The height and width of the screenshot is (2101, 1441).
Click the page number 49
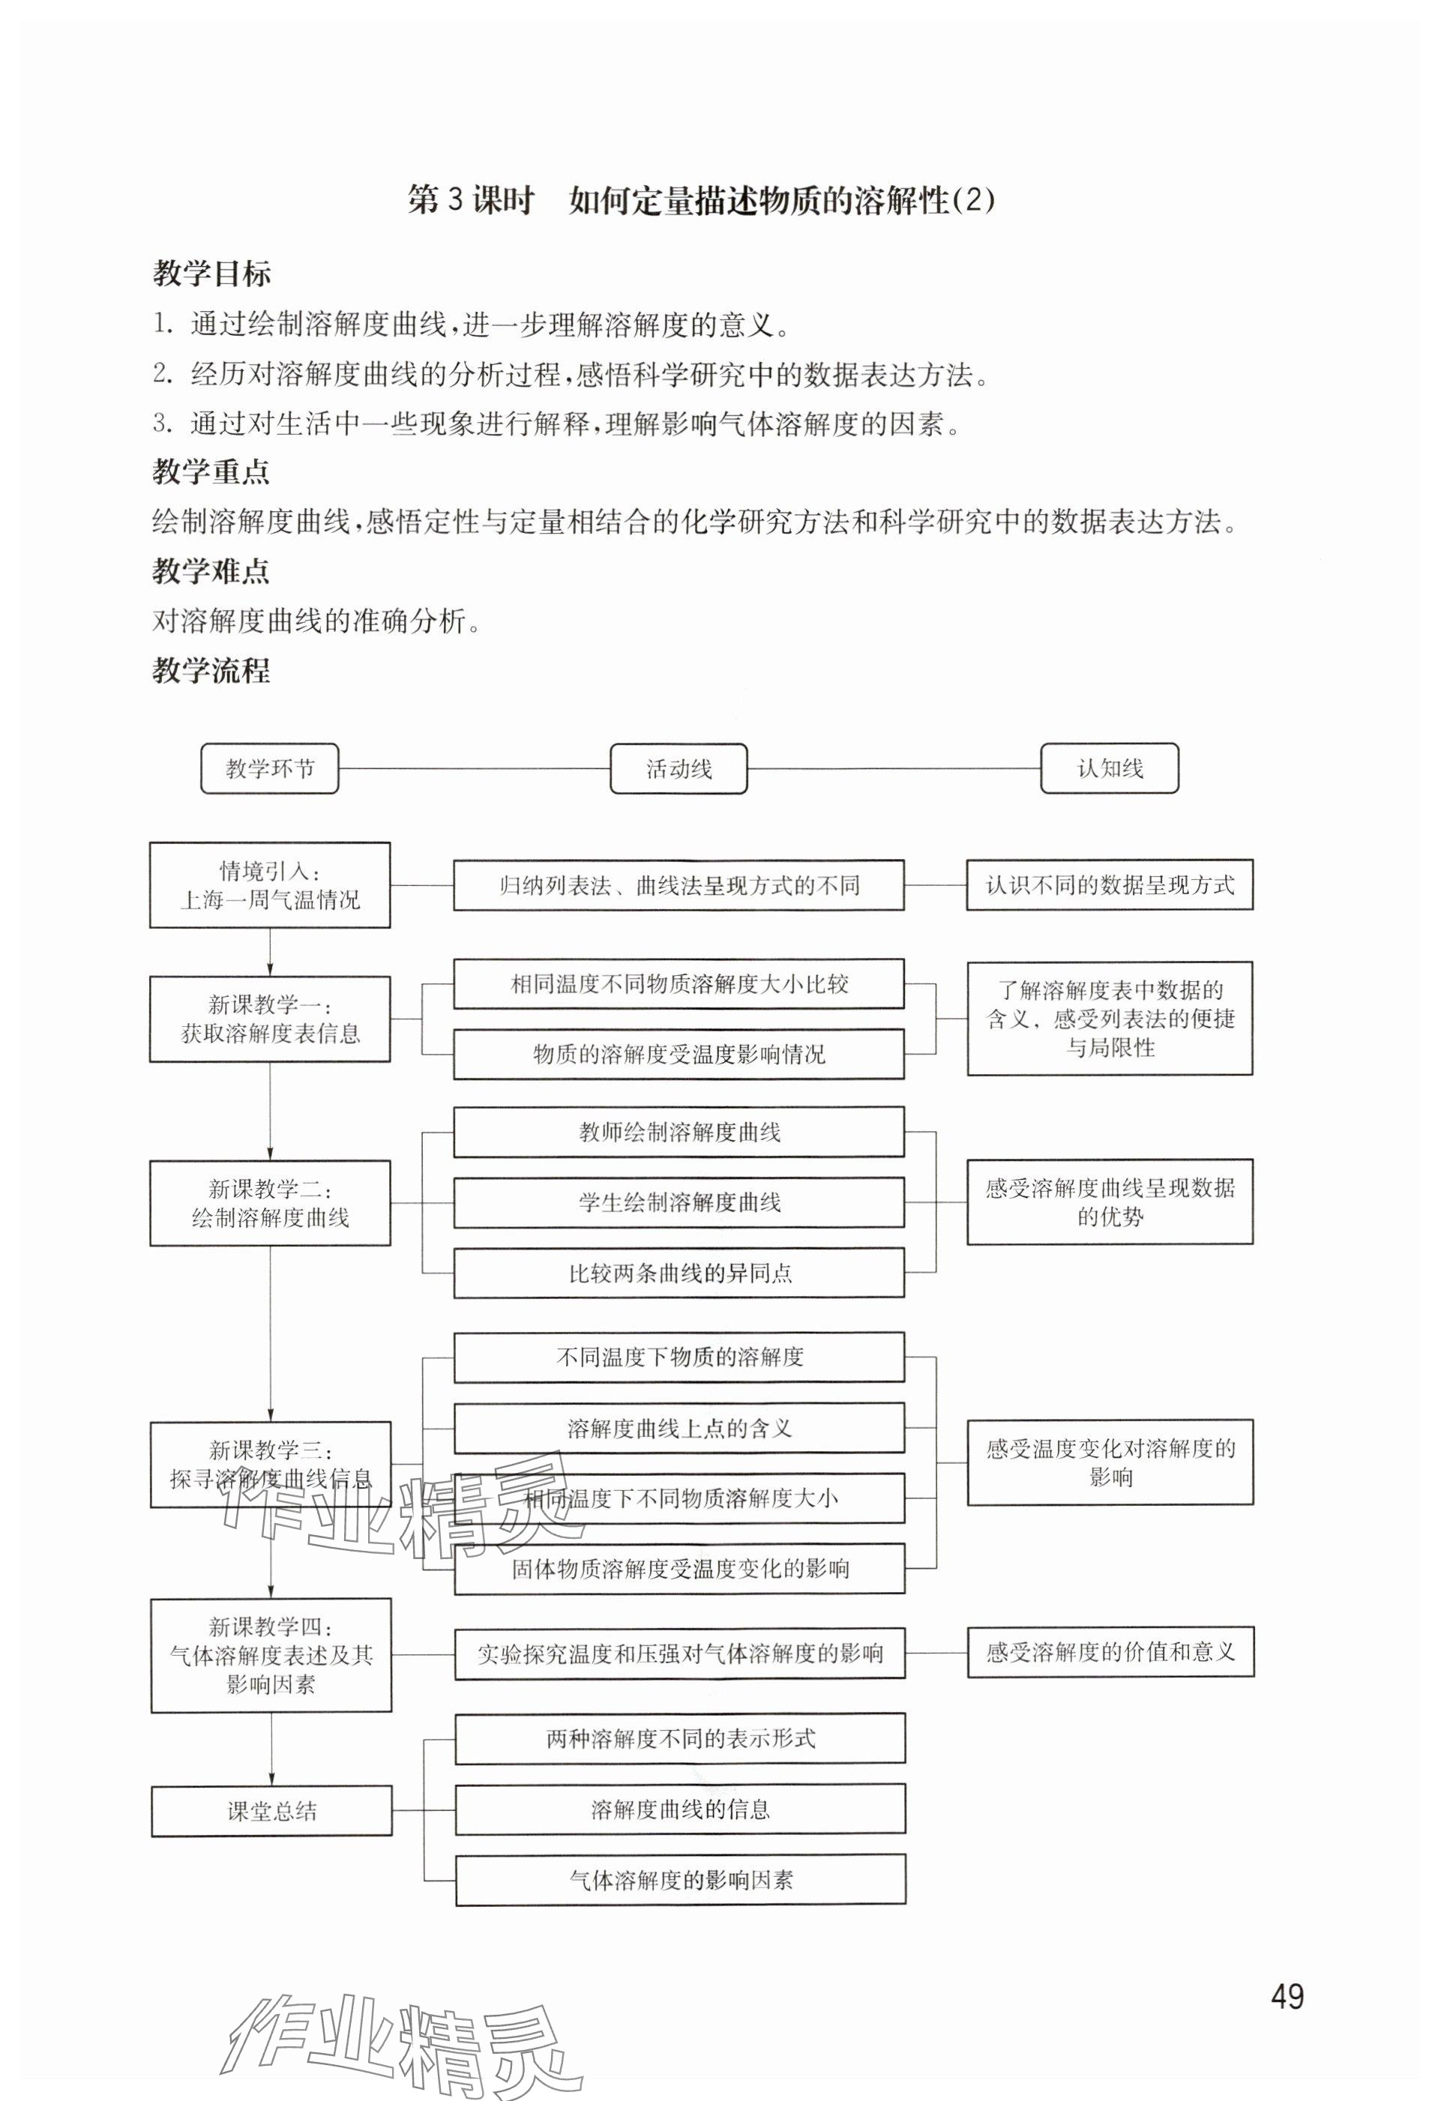coord(1287,1995)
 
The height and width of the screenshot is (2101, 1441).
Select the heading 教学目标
coord(211,273)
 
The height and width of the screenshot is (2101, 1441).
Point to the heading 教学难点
coord(211,570)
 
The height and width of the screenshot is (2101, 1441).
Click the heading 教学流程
coord(211,670)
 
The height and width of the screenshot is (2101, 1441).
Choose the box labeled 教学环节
coord(269,768)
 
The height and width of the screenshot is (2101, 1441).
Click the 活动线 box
coord(679,768)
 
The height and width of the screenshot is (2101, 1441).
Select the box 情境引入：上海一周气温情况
coord(269,885)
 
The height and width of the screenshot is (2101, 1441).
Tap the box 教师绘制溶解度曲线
coord(679,1132)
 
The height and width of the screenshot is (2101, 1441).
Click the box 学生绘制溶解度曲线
coord(679,1202)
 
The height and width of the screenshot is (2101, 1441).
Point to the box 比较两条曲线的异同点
coord(679,1273)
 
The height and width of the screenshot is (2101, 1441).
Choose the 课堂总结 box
coord(271,1811)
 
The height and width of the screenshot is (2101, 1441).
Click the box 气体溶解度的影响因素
coord(680,1881)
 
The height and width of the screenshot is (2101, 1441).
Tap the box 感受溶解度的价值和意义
coord(1110,1653)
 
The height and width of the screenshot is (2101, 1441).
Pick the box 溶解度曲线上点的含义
coord(679,1429)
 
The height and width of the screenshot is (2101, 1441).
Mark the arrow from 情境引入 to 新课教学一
coord(269,952)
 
